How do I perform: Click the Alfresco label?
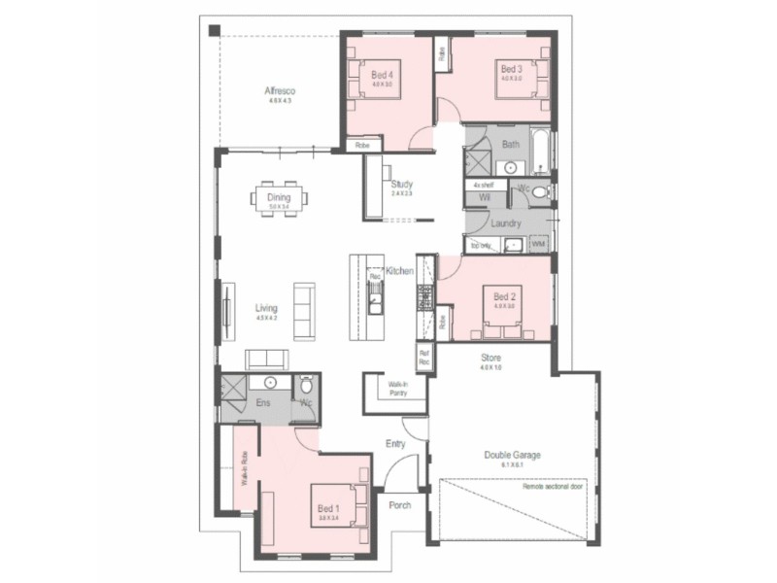pos(279,92)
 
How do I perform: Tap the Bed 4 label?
pos(382,75)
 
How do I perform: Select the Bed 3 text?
pos(511,69)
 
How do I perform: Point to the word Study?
pos(402,184)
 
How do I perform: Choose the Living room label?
pos(266,308)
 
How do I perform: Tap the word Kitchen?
pos(400,270)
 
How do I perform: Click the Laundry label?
pos(507,223)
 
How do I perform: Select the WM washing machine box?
pos(538,244)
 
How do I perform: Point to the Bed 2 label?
pos(503,296)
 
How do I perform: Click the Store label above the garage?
pos(490,357)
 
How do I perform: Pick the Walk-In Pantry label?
pos(397,388)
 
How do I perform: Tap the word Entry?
pos(395,444)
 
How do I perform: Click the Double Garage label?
pos(512,455)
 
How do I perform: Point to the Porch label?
pos(400,505)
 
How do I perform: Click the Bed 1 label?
pos(327,508)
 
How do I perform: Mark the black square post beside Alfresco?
pos(214,30)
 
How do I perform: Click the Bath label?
pos(510,145)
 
